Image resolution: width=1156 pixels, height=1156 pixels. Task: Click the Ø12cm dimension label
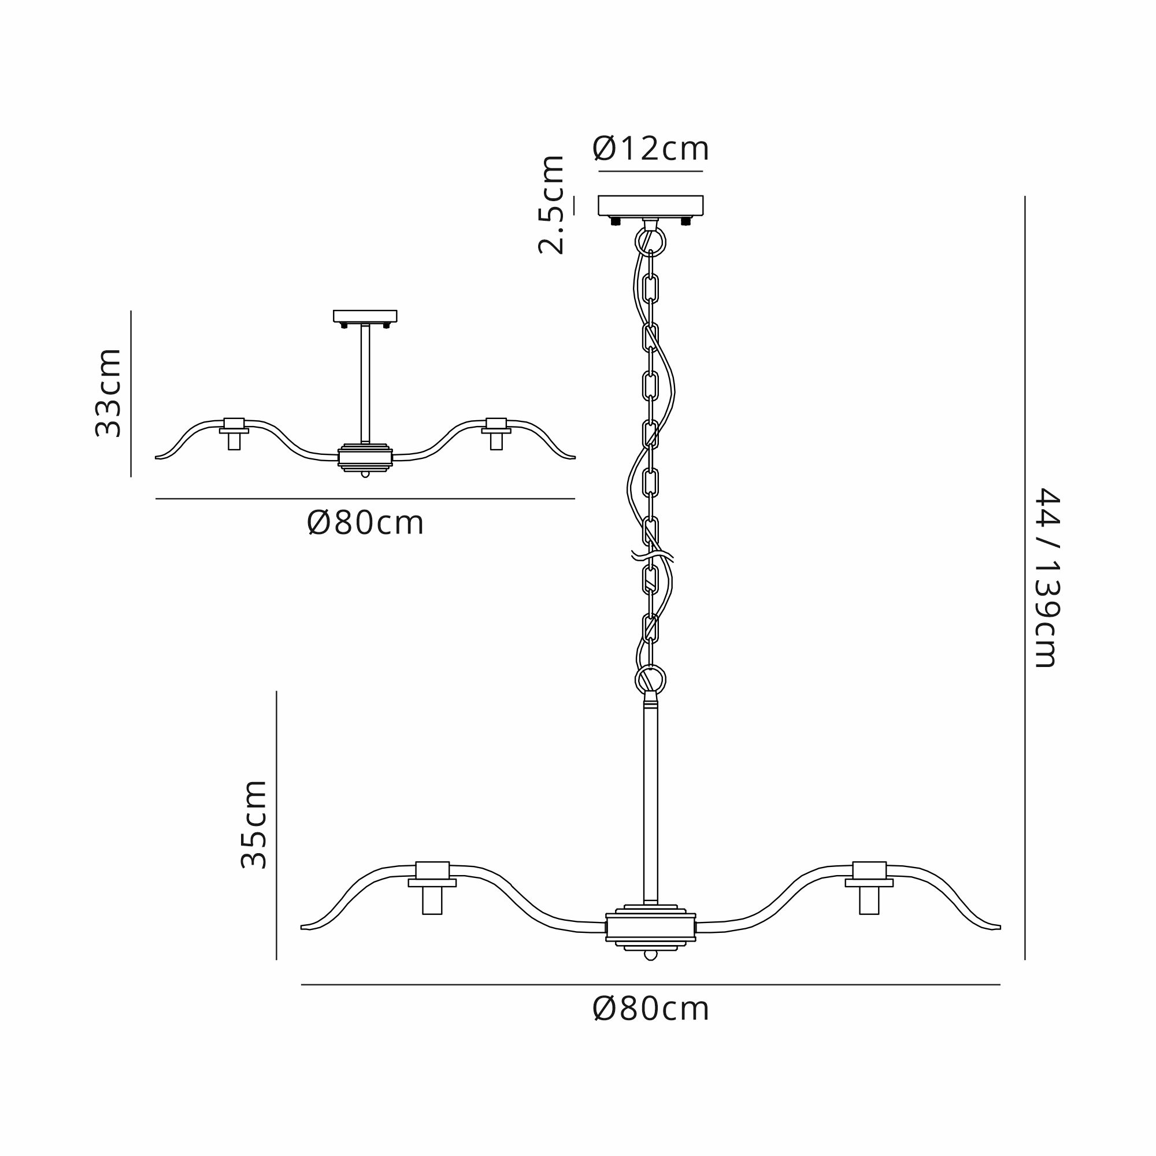650,149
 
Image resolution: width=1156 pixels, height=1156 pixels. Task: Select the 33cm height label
108,392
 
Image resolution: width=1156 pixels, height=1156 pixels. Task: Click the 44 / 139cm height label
1047,577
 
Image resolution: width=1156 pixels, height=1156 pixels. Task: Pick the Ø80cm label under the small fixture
365,524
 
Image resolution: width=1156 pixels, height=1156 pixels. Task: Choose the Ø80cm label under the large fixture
650,1009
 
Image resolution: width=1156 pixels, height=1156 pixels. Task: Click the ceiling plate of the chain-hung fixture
651,205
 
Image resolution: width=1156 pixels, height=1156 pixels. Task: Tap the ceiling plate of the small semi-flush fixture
365,316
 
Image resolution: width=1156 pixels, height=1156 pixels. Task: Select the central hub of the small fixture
365,457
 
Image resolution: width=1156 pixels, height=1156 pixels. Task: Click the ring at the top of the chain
650,242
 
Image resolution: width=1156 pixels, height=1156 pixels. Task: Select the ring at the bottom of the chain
650,680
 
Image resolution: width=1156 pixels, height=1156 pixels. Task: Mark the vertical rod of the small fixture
365,384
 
